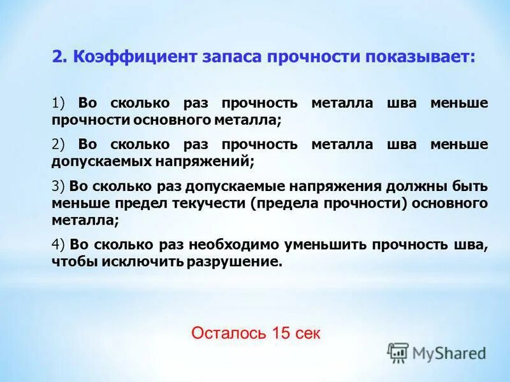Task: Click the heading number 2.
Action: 59,57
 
